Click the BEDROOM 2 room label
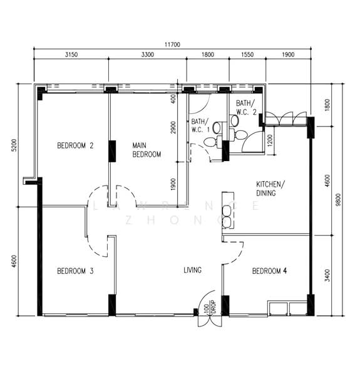pos(75,145)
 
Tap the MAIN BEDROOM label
pos(147,150)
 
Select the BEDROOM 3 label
pos(75,271)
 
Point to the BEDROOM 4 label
pos(269,271)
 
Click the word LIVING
pos(192,270)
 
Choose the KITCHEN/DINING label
pos(270,189)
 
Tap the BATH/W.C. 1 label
pos(200,125)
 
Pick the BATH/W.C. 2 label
pos(246,107)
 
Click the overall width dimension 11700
pos(172,44)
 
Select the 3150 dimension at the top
pos(71,55)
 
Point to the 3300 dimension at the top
pos(147,55)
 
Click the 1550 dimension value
pos(247,55)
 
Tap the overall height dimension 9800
pos(338,200)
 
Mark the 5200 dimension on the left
pos(14,145)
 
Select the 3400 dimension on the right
pos(327,276)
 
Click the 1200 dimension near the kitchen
pos(270,141)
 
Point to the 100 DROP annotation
pos(210,307)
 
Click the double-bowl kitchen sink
pos(227,216)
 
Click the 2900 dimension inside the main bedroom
pos(173,128)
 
